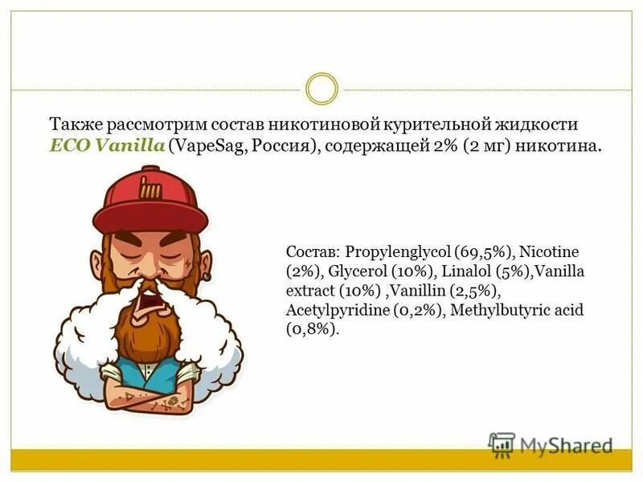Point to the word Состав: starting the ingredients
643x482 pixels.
[313, 251]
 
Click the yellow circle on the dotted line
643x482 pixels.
[321, 88]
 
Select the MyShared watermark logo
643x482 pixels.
[550, 444]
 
